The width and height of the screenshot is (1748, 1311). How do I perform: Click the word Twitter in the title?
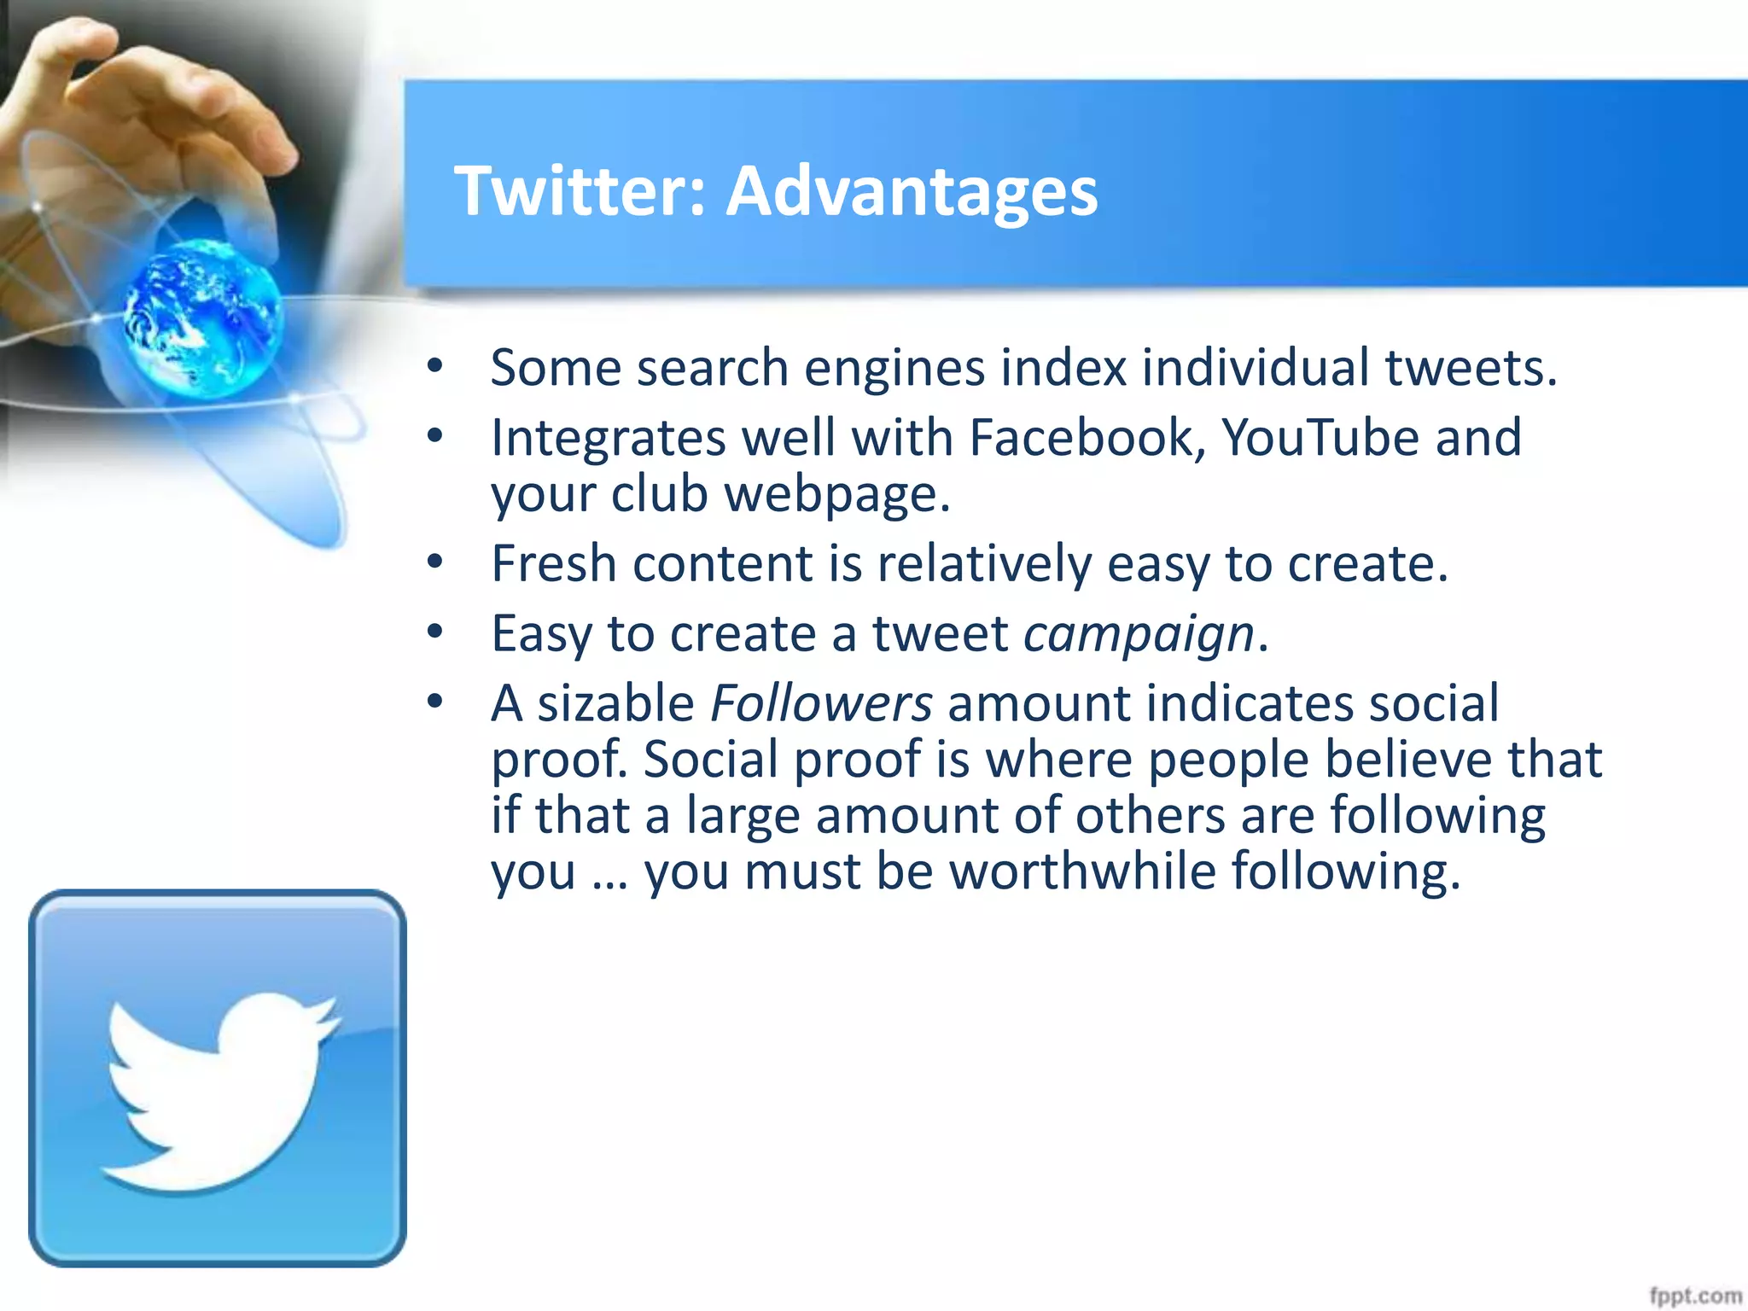[x=573, y=191]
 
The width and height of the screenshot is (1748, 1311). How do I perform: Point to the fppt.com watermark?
[x=1694, y=1296]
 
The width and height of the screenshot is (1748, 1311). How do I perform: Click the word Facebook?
[x=1087, y=438]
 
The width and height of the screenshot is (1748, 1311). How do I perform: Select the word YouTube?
[x=1320, y=438]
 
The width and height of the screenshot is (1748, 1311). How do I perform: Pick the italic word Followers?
[x=821, y=704]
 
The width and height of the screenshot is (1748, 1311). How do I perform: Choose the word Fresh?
[x=554, y=564]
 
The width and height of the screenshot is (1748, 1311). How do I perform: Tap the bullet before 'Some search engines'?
[x=435, y=367]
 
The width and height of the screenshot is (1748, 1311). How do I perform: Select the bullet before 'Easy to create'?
[x=435, y=632]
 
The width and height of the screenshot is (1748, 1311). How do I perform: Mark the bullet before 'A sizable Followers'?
[x=435, y=702]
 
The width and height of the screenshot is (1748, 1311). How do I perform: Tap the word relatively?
[x=984, y=564]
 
